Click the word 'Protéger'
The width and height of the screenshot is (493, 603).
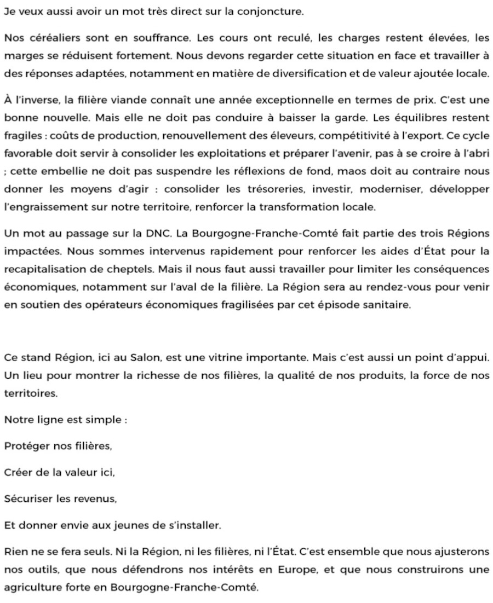26,446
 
